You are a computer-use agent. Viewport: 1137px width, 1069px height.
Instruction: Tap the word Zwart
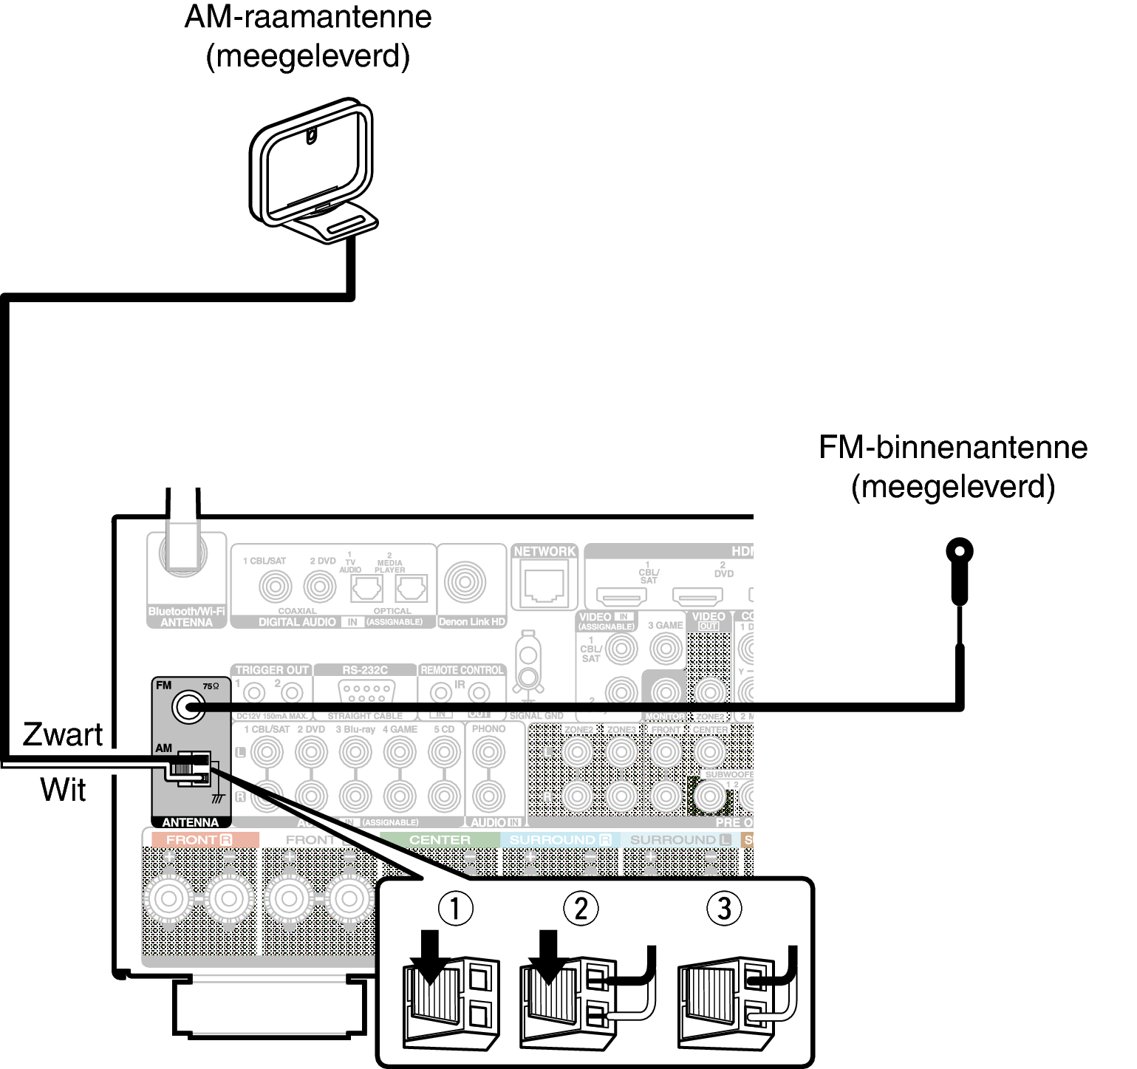point(63,734)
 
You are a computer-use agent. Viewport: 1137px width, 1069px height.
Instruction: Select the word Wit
point(63,789)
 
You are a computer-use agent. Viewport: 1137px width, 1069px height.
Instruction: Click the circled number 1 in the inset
point(455,908)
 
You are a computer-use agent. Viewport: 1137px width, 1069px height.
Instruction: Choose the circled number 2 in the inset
point(581,908)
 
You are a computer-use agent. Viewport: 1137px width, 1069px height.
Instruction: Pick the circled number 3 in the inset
point(724,908)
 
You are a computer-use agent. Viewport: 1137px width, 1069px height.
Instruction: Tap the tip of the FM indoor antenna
point(959,551)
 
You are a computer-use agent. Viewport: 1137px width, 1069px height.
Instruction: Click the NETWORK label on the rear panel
point(544,551)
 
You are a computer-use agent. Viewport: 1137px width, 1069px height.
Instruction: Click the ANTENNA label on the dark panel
point(191,822)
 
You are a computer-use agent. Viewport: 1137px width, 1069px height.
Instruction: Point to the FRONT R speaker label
point(199,840)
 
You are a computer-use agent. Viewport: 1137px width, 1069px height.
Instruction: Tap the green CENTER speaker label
point(440,840)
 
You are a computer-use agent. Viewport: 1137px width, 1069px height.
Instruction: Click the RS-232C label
point(365,670)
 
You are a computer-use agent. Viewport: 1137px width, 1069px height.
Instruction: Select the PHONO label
point(488,728)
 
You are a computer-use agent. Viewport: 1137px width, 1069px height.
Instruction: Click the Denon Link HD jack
point(465,581)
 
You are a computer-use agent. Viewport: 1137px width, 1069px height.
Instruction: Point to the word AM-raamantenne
point(307,16)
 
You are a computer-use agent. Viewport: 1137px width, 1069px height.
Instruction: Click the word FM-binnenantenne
point(953,447)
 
